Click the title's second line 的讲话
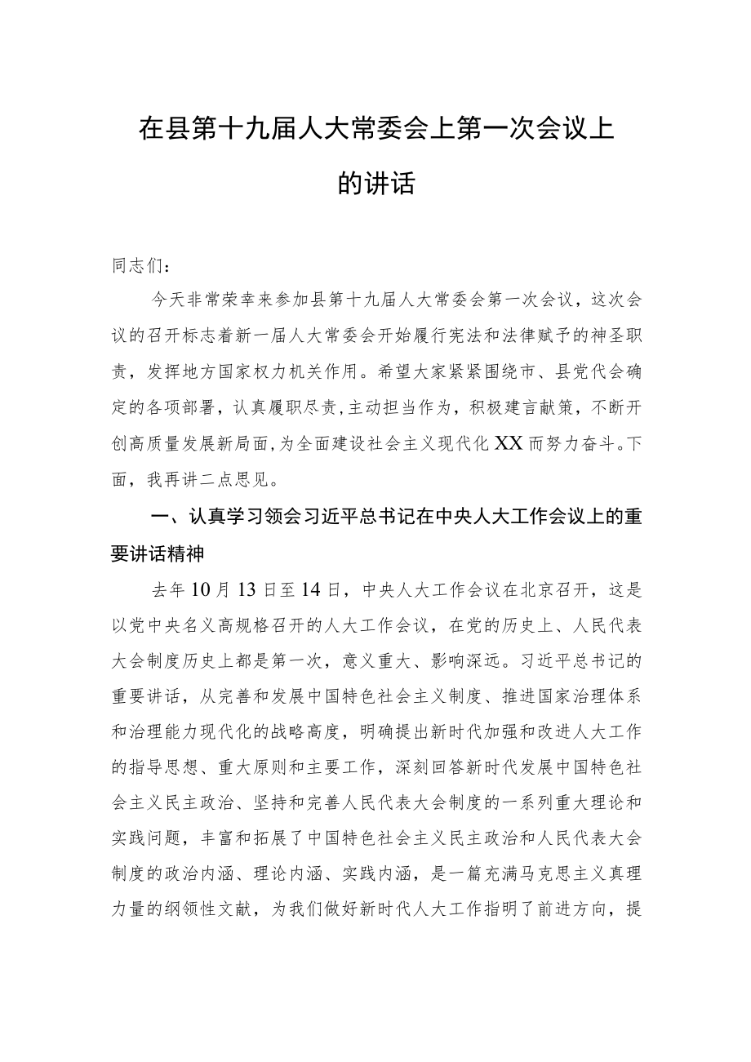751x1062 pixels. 376,184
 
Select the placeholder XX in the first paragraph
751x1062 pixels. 509,443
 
